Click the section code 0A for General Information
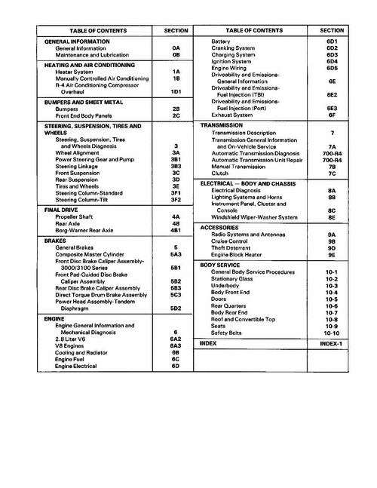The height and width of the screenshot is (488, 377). (175, 48)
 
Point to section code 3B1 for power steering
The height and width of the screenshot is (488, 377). (175, 160)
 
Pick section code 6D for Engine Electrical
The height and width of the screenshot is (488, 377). (175, 366)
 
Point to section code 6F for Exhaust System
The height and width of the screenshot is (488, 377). (331, 115)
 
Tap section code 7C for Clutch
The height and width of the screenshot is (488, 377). (331, 174)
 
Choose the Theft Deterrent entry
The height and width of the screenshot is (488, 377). (234, 247)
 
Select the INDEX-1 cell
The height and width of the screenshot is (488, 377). (331, 344)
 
